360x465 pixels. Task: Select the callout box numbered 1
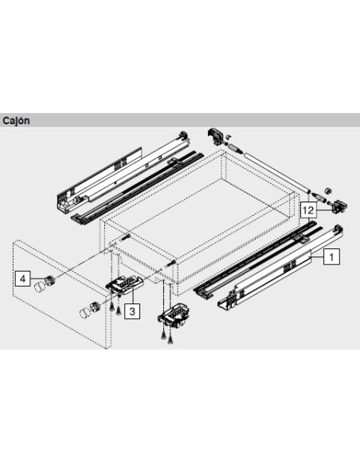pyautogui.click(x=332, y=256)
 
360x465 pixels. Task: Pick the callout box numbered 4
pyautogui.click(x=24, y=279)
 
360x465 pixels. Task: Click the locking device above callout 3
pyautogui.click(x=125, y=285)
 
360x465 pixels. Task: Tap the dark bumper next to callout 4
pyautogui.click(x=50, y=280)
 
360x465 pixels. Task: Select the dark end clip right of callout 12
pyautogui.click(x=339, y=206)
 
